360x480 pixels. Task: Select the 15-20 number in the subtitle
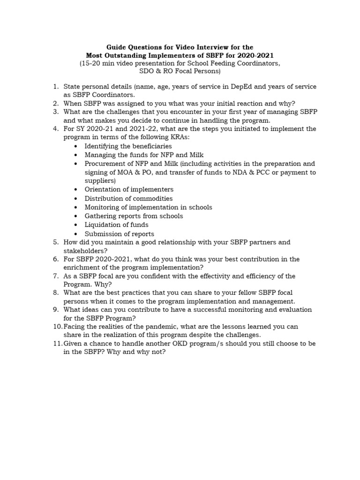click(92, 63)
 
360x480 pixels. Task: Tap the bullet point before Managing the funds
click(76, 155)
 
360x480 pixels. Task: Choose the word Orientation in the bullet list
click(103, 189)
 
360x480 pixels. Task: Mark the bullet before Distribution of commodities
click(76, 198)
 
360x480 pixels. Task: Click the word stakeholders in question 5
click(84, 250)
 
